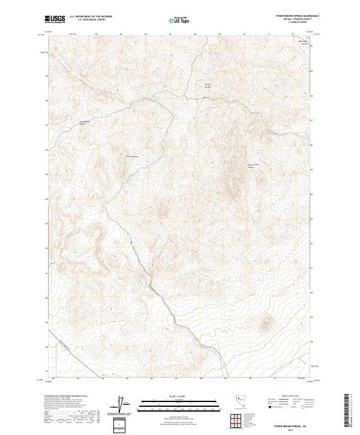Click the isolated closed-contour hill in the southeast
pos(265,324)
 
